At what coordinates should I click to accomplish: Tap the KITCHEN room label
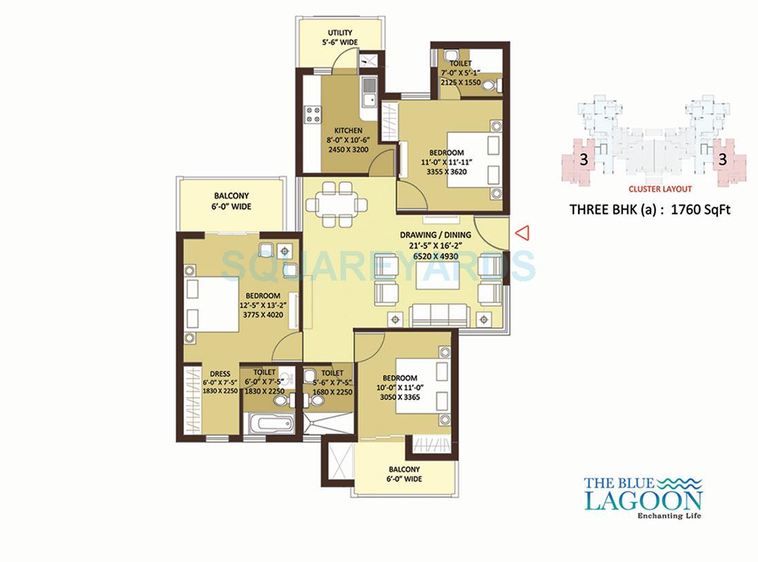(348, 130)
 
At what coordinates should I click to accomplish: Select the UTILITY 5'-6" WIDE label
(340, 37)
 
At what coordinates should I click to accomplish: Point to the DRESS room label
(220, 374)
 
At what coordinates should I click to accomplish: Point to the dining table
(338, 204)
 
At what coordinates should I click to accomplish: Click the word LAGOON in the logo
(643, 500)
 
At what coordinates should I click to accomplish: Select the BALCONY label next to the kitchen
(231, 201)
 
